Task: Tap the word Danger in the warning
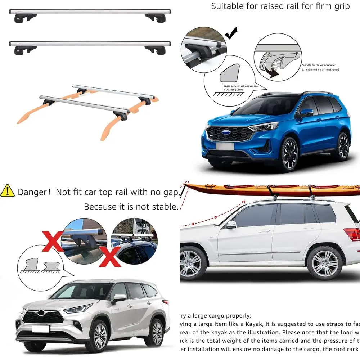tap(32, 192)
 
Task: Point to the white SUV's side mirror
tap(231, 225)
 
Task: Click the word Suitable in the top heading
tap(227, 6)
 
